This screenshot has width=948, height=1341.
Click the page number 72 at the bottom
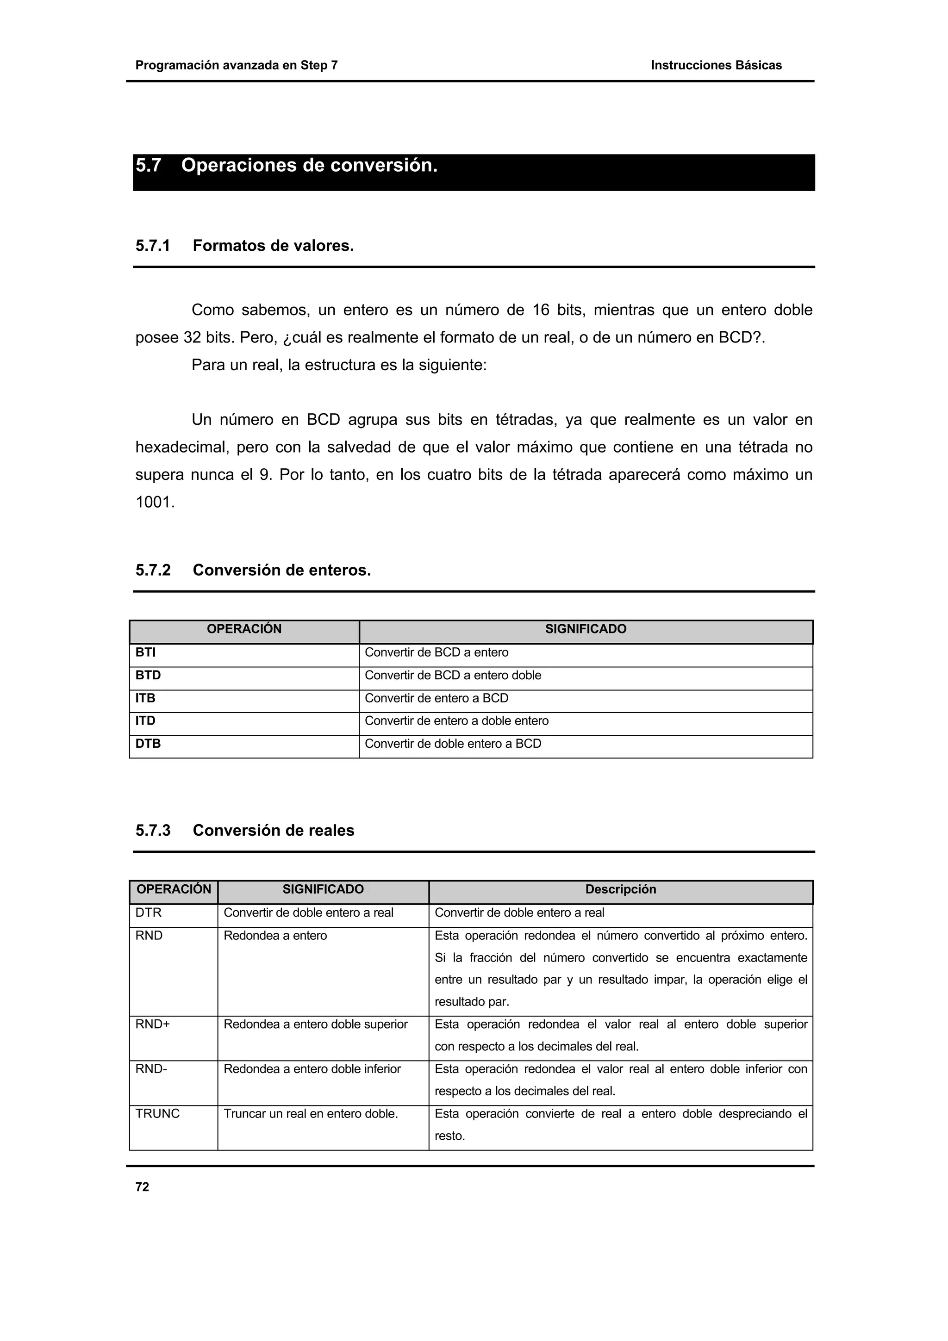pyautogui.click(x=142, y=1187)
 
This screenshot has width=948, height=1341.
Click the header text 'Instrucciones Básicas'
pyautogui.click(x=716, y=65)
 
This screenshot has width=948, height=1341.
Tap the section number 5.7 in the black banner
pyautogui.click(x=149, y=166)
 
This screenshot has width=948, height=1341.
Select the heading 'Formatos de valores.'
pyautogui.click(x=274, y=246)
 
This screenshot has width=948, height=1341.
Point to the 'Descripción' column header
pyautogui.click(x=620, y=889)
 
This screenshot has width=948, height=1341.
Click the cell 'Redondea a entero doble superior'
pyautogui.click(x=315, y=1024)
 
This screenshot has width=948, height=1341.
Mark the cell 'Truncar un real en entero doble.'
pyautogui.click(x=311, y=1113)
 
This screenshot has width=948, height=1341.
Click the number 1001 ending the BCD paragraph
pyautogui.click(x=154, y=502)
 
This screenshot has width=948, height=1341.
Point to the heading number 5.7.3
pyautogui.click(x=153, y=831)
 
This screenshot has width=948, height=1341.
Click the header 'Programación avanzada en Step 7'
pyautogui.click(x=237, y=65)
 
